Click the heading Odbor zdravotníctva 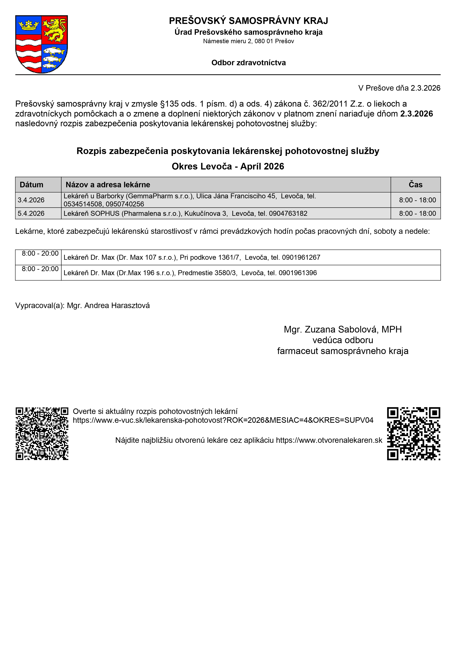coord(248,63)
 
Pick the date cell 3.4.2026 coord(31,200)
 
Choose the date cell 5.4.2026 coord(31,214)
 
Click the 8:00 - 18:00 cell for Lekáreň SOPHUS coord(417,214)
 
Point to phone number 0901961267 coord(301,257)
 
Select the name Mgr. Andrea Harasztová coord(108,305)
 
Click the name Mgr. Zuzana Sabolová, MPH coord(343,329)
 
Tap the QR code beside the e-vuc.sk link coord(42,433)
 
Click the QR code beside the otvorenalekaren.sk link coord(413,433)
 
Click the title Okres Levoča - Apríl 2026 coord(228,166)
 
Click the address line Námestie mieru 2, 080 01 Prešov coord(248,41)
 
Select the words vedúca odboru coord(343,340)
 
